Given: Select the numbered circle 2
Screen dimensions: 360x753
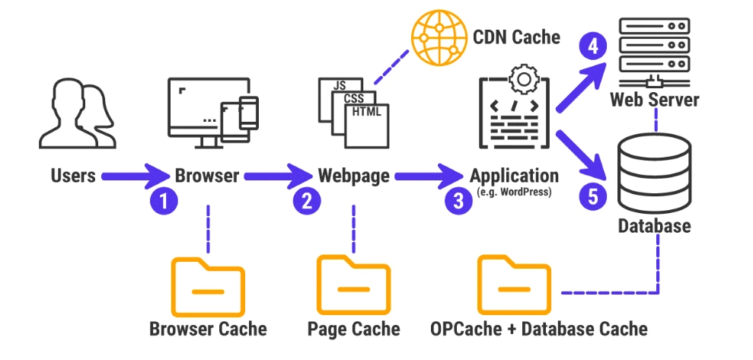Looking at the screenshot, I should [x=307, y=202].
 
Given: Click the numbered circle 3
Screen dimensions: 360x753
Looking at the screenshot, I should [x=458, y=202].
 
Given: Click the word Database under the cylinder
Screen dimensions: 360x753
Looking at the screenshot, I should [x=654, y=226].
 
